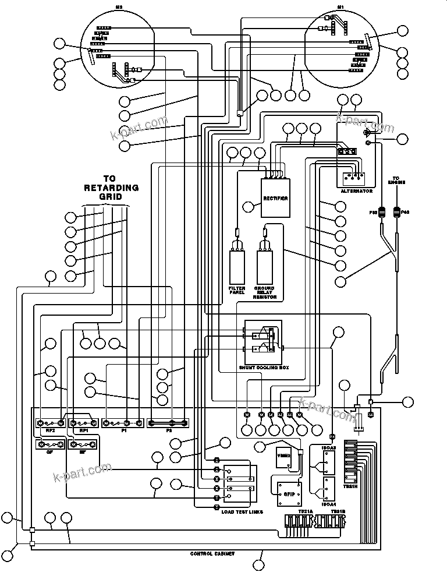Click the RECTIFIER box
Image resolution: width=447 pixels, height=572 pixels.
point(275,198)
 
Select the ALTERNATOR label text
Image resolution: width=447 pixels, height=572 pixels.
point(356,191)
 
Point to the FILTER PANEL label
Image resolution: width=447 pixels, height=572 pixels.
point(237,291)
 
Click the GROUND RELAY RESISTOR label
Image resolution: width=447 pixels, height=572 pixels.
point(264,292)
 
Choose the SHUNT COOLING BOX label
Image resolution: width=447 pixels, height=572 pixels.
point(264,368)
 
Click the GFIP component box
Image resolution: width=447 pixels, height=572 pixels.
point(289,493)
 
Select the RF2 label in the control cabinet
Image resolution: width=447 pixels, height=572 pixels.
point(50,431)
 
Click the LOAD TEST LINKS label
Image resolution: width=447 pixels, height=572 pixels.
point(242,512)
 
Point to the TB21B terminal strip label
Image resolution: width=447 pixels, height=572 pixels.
point(338,511)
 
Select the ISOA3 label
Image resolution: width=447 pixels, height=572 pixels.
point(329,449)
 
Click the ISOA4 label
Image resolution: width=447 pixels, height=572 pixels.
point(329,504)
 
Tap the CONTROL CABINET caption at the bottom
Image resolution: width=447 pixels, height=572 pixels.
point(212,553)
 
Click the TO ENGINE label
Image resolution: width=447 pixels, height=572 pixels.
point(397,180)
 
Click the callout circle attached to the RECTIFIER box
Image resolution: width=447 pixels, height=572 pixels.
point(249,206)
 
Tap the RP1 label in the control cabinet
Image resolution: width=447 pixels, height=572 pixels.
point(84,431)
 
